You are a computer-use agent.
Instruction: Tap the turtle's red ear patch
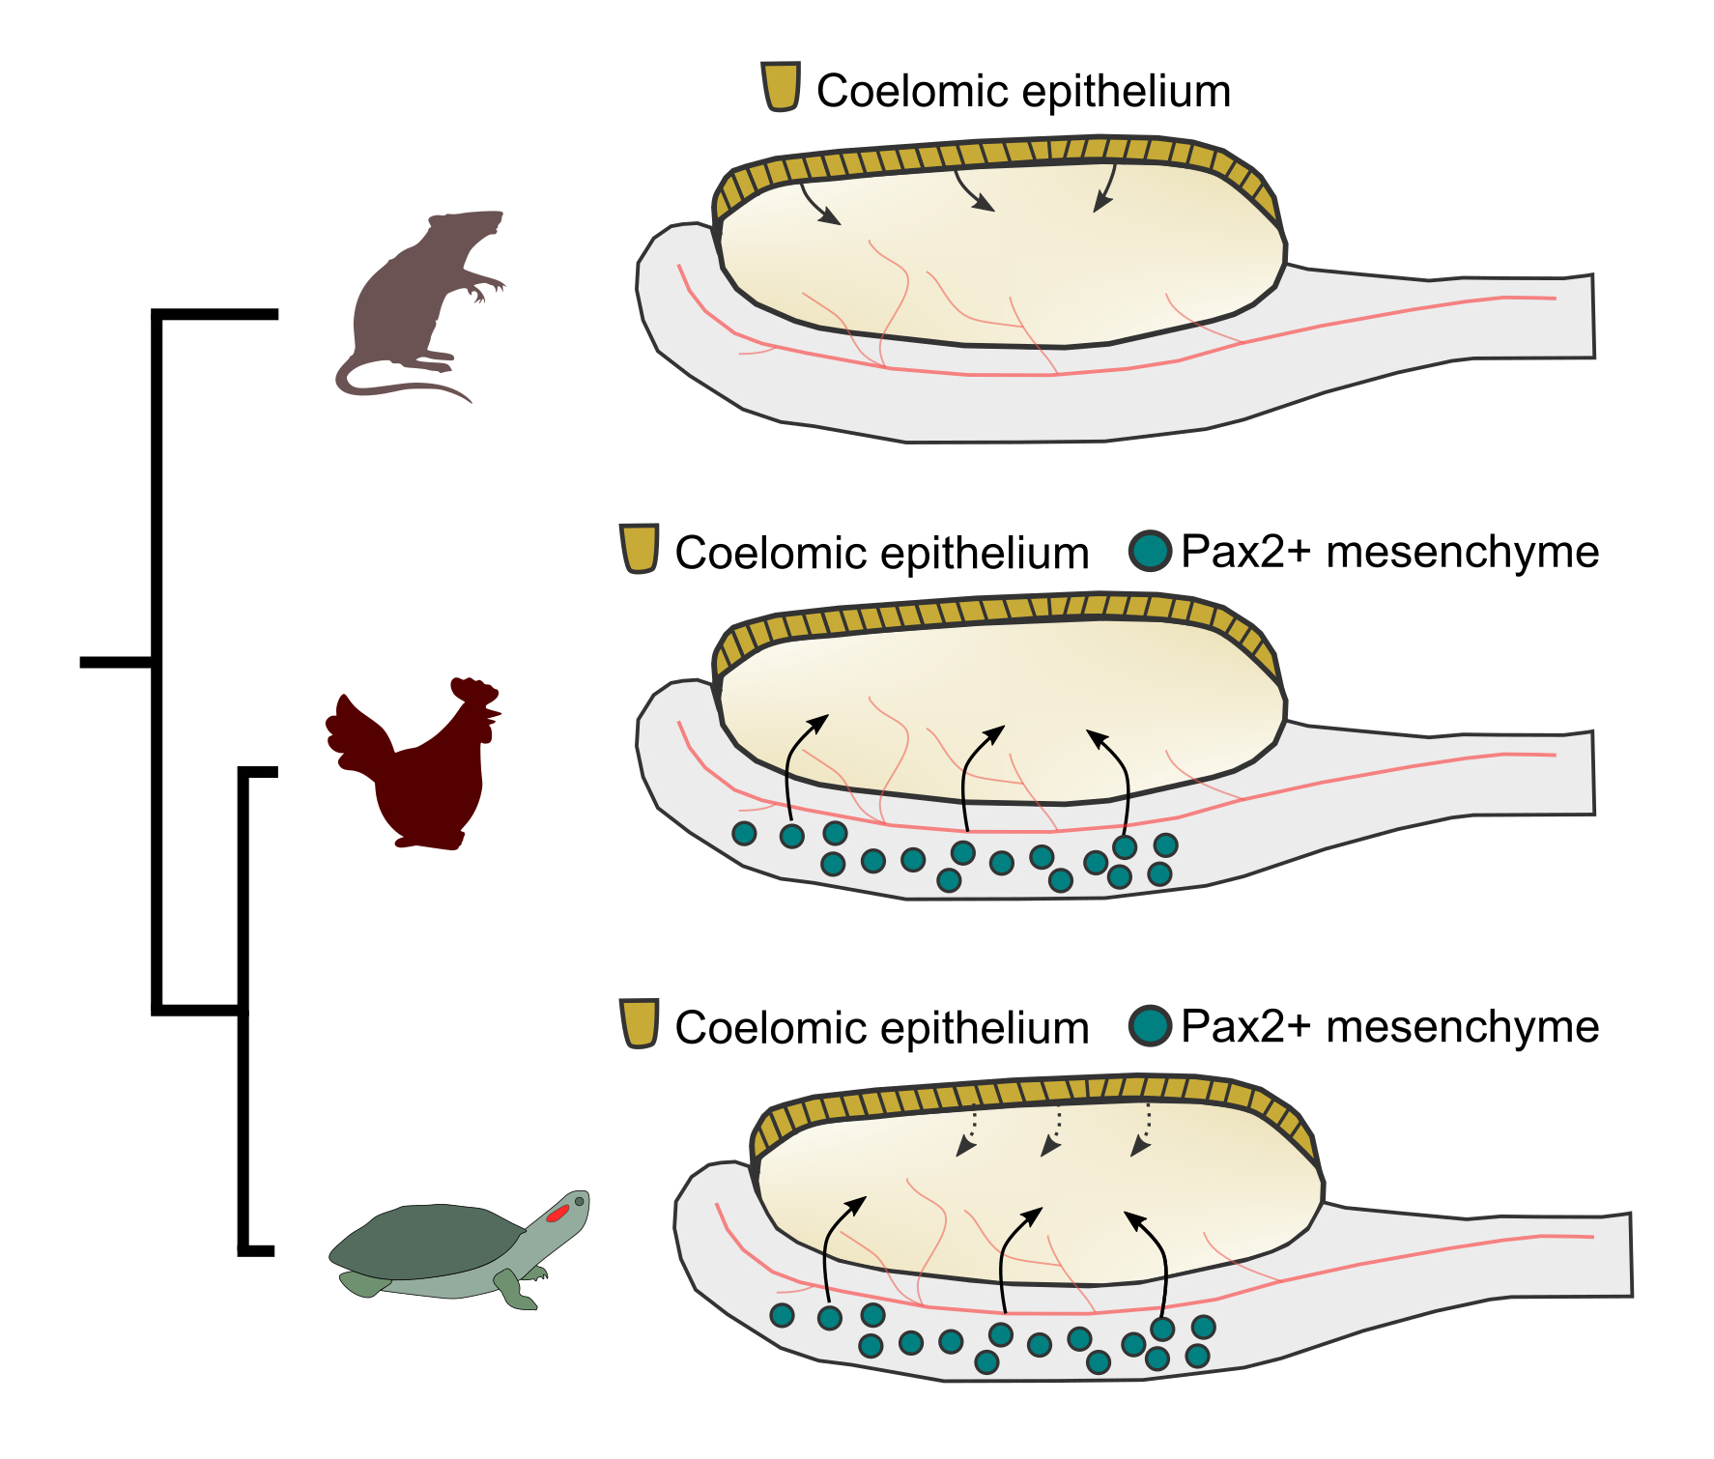coord(557,1213)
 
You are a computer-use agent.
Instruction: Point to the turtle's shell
coord(425,1242)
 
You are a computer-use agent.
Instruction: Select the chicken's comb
coord(473,690)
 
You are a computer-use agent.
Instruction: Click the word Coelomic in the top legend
coord(913,92)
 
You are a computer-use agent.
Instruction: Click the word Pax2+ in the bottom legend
coord(1245,1027)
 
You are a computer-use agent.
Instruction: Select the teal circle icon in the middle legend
coord(1150,552)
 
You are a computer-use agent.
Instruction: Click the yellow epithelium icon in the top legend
coord(781,87)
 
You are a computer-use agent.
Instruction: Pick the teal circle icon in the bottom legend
coord(1150,1026)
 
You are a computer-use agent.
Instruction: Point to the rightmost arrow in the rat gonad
coord(1105,188)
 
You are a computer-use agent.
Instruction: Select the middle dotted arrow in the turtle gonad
coord(1055,1132)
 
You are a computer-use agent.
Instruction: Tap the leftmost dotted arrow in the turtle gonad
coord(969,1132)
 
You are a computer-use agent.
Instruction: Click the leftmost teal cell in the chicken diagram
coord(744,834)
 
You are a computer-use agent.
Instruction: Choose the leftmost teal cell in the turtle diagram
coord(782,1315)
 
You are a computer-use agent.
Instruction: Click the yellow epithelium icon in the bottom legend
coord(640,1023)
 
